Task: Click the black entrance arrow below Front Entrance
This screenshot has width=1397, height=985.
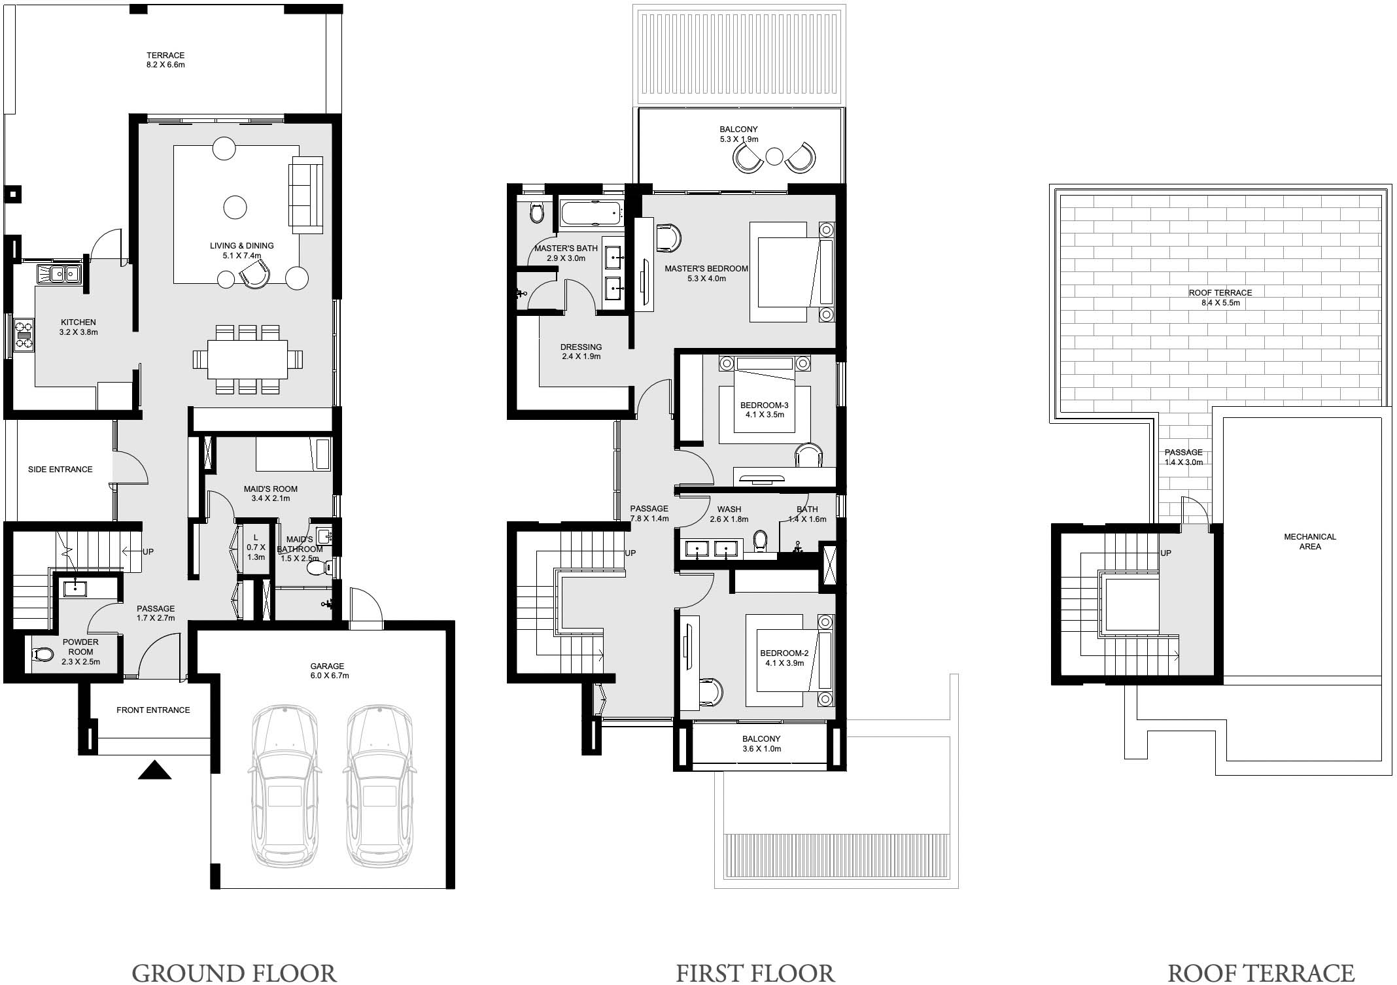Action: (155, 770)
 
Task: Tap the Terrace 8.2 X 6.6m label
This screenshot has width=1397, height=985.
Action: (165, 60)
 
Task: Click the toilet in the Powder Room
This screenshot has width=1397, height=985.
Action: (43, 653)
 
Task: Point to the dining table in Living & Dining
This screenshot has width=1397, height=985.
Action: (248, 359)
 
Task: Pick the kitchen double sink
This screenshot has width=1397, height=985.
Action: (58, 273)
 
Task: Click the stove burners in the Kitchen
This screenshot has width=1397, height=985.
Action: (25, 334)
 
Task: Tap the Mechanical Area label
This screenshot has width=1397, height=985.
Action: (1309, 542)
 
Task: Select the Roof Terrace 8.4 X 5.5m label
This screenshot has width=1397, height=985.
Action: (1220, 298)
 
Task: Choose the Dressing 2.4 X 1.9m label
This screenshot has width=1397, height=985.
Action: (581, 352)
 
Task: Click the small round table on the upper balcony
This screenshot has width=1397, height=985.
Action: (774, 156)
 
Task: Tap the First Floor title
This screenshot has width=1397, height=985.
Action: (755, 973)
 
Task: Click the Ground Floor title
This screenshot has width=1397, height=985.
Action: (234, 973)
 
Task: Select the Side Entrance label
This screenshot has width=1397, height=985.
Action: (60, 469)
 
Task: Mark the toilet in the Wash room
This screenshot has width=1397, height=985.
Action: (760, 541)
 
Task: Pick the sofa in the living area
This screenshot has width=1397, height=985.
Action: (306, 195)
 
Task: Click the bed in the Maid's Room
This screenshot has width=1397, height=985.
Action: (294, 454)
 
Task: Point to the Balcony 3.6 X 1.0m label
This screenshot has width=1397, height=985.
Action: (761, 744)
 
